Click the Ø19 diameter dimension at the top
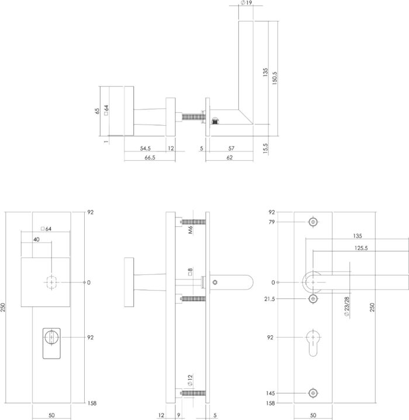tap(247, 3)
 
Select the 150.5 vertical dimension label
tap(275, 78)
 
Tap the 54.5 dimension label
tap(145, 148)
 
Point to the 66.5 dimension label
tap(150, 157)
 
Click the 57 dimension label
tap(231, 148)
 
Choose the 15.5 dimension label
tap(265, 148)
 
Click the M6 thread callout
tap(190, 230)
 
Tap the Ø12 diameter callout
tap(190, 380)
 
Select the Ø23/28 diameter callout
tap(347, 307)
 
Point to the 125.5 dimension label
tap(361, 248)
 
